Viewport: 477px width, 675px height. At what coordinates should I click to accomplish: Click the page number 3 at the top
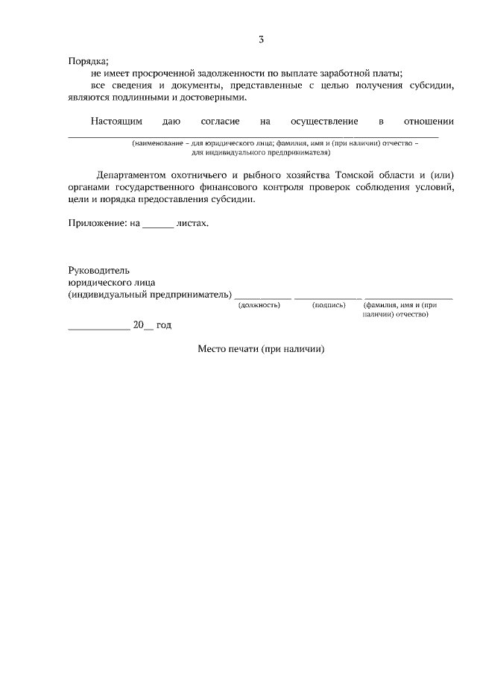pos(261,40)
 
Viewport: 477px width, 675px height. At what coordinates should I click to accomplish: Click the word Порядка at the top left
pos(89,61)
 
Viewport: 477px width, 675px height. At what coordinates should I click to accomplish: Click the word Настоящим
pos(116,121)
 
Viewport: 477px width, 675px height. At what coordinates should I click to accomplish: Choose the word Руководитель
pos(99,271)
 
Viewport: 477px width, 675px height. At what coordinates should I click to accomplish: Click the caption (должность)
pos(259,305)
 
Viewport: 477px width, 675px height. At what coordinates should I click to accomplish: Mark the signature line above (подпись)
pos(327,297)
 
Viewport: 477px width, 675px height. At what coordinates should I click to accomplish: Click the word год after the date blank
pos(164,324)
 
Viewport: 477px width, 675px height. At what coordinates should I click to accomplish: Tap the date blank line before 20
pos(98,327)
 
